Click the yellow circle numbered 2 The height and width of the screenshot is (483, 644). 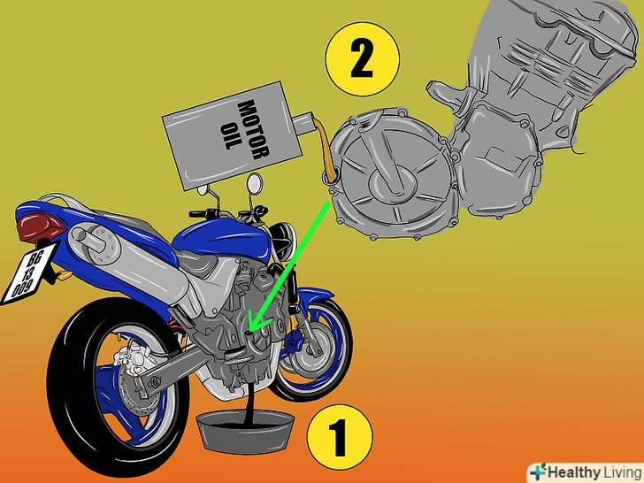pyautogui.click(x=362, y=59)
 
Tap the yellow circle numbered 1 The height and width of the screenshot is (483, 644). pyautogui.click(x=340, y=437)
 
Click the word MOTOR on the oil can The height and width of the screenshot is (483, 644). pyautogui.click(x=253, y=128)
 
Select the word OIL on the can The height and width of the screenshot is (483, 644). pyautogui.click(x=230, y=135)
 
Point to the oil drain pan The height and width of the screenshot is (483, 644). pyautogui.click(x=245, y=432)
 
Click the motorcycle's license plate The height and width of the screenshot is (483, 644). pyautogui.click(x=28, y=273)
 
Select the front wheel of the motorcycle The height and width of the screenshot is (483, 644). pyautogui.click(x=314, y=349)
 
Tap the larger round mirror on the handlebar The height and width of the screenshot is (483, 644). pyautogui.click(x=254, y=182)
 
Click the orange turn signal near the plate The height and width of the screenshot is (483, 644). pyautogui.click(x=64, y=275)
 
